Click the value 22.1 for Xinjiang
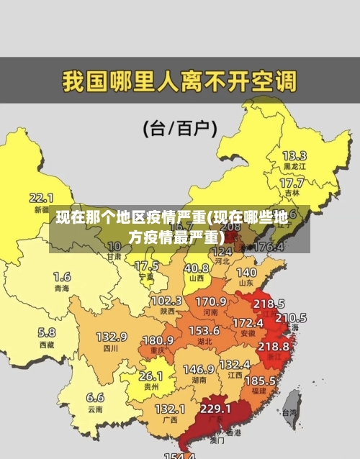[x=41, y=197]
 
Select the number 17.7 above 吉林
[x=292, y=183]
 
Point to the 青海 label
[x=62, y=288]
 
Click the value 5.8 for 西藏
[x=47, y=332]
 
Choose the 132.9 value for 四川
[x=112, y=337]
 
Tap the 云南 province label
[x=95, y=409]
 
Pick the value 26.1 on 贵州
[x=150, y=376]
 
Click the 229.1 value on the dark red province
[x=215, y=409]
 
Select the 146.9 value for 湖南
[x=198, y=369]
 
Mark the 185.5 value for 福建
[x=259, y=380]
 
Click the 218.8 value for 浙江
[x=274, y=346]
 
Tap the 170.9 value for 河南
[x=211, y=301]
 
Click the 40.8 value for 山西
[x=196, y=268]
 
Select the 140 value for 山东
[x=246, y=273]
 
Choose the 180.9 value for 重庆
[x=158, y=340]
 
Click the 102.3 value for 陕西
[x=166, y=300]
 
